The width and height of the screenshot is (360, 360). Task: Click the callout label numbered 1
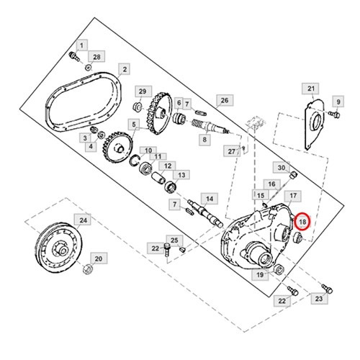click(x=82, y=45)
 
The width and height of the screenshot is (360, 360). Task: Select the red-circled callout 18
click(x=302, y=221)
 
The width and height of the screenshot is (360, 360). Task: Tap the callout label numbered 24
click(x=83, y=220)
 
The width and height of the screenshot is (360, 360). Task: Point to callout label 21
click(x=311, y=89)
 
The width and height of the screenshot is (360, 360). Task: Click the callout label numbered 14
click(x=210, y=199)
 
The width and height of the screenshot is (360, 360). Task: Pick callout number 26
click(x=225, y=100)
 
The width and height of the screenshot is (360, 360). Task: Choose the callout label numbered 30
click(x=282, y=168)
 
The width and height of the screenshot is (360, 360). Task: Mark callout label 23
click(x=319, y=299)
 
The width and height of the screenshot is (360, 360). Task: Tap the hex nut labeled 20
click(x=88, y=269)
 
